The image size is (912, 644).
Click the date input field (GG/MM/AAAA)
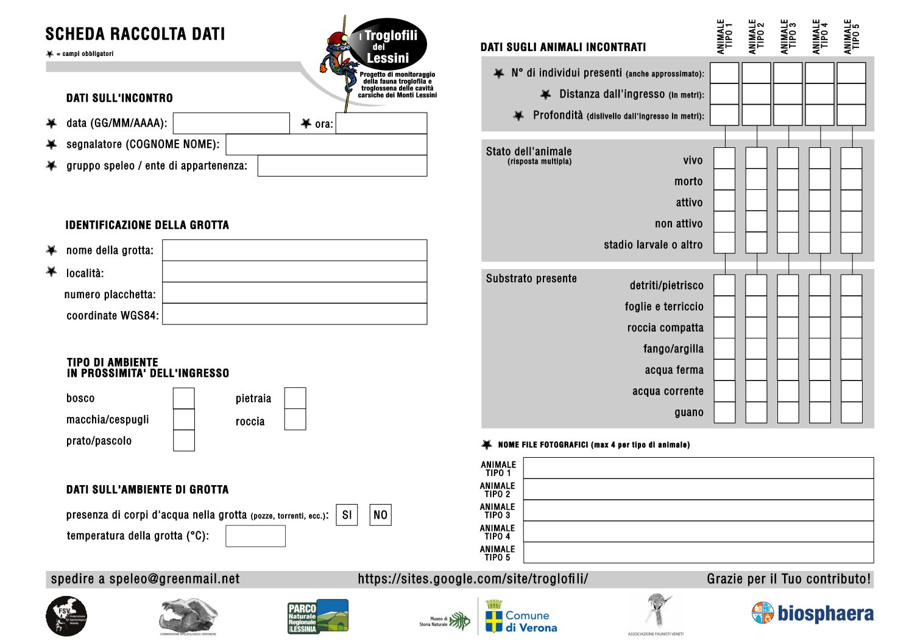coord(232,123)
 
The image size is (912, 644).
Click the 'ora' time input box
coord(381,123)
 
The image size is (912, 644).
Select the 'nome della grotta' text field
coord(294,250)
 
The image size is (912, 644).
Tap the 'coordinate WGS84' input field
coord(294,314)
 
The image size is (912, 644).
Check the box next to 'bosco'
coord(183,398)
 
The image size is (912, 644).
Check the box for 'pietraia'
coord(295,398)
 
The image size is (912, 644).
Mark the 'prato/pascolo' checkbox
coord(183,441)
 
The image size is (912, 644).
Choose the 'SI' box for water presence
coord(347,515)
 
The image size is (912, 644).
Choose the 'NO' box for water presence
coord(380,515)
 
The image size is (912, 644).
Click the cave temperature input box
coord(255,536)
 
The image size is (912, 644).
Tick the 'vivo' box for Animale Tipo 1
coord(724,158)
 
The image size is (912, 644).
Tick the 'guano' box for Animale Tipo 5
coord(851,412)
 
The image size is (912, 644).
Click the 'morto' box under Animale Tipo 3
coord(788,180)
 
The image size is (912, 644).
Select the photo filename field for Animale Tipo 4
coord(698,531)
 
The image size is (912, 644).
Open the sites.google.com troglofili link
coord(473,579)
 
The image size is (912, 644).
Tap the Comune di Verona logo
coord(521,617)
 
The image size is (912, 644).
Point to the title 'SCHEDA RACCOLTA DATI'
coord(135,34)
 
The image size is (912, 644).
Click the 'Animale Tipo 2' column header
coord(756,37)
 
